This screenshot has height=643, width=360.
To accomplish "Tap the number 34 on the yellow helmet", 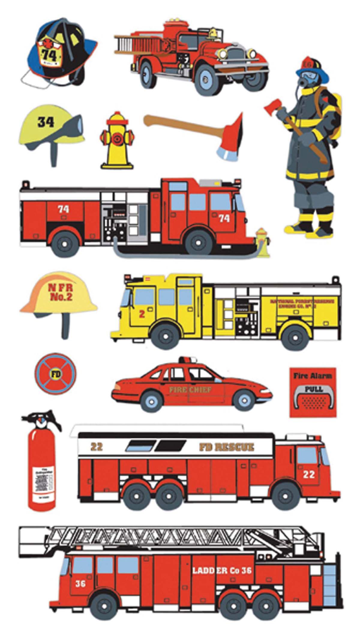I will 46,122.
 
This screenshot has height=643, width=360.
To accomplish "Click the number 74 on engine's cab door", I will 224,218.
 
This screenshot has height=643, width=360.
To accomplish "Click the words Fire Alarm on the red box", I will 312,375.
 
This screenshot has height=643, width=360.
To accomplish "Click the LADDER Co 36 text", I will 222,570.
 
